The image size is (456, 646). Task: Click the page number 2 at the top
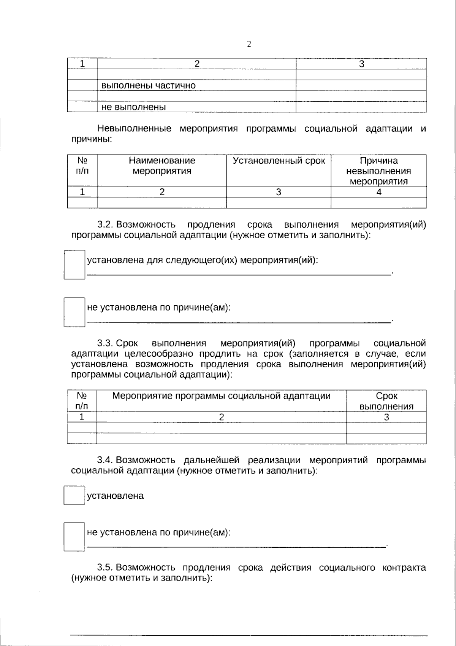[x=249, y=44]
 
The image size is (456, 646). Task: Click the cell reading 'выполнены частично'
[x=148, y=85]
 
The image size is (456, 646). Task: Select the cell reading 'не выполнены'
[x=133, y=107]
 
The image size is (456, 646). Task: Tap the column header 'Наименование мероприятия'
[x=162, y=166]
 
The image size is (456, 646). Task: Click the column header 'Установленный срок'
[x=279, y=161]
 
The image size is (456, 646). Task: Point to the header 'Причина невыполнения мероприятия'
[x=378, y=171]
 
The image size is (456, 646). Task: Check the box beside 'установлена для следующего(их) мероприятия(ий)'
[x=74, y=264]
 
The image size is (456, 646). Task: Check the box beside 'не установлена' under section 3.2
[x=74, y=312]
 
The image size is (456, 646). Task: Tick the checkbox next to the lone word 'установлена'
[x=74, y=495]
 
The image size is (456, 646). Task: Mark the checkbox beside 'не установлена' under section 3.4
[x=74, y=536]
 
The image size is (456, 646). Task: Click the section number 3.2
[x=105, y=225]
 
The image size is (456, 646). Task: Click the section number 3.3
[x=105, y=343]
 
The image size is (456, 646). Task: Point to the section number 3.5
[x=105, y=568]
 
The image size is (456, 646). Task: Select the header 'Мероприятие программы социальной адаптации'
[x=221, y=396]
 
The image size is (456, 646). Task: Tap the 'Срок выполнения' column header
[x=386, y=401]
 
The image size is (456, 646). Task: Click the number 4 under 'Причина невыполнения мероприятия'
[x=378, y=192]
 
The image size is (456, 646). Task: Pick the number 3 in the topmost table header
[x=361, y=64]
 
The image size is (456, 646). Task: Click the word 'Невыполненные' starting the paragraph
[x=134, y=129]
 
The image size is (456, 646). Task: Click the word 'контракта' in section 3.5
[x=404, y=568]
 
